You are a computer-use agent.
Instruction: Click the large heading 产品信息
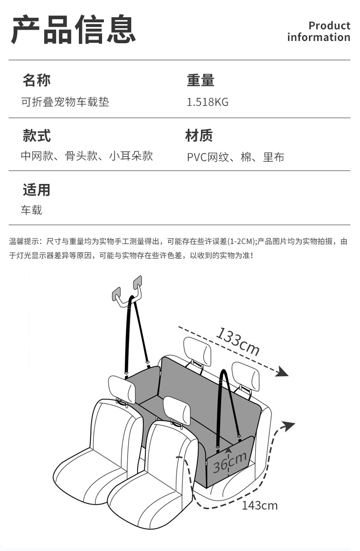tap(73, 30)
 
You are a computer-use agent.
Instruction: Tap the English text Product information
tap(319, 31)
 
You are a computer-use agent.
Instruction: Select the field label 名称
tap(36, 80)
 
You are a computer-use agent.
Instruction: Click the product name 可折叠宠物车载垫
tap(65, 102)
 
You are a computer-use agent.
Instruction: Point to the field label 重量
tap(201, 80)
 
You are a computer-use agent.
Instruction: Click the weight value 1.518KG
tap(207, 102)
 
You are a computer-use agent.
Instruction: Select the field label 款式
tap(36, 135)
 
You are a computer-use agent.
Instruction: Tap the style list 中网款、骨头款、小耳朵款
tap(87, 156)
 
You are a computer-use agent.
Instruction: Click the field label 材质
tap(199, 135)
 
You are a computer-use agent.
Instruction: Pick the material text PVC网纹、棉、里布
tap(236, 157)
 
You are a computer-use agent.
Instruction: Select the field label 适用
tap(36, 189)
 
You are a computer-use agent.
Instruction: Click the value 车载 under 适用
tap(31, 210)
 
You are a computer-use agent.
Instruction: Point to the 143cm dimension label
tap(259, 505)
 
